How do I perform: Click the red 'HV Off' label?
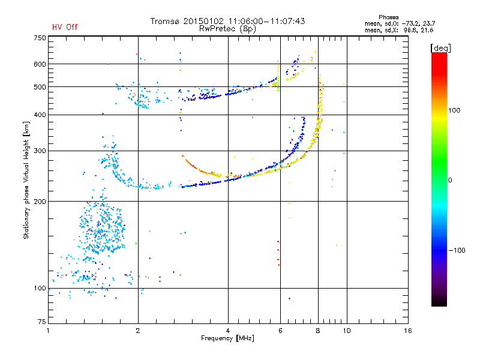65,27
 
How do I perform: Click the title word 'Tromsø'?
164,21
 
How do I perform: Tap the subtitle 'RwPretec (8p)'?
227,29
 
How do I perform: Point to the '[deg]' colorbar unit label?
440,48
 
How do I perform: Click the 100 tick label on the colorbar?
454,110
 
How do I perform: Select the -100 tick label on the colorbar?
457,250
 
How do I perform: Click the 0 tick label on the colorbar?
450,181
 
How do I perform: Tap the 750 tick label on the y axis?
40,38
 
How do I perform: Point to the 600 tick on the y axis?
40,64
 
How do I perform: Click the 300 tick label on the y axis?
40,151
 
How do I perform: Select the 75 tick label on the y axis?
42,322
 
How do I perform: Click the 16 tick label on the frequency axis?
408,331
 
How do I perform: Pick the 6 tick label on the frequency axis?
280,331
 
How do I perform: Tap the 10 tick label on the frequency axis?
347,331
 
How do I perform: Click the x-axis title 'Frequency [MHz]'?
227,338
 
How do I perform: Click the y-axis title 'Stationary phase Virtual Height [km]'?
26,180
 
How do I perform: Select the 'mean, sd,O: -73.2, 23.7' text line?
400,23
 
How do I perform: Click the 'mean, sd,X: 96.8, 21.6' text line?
399,31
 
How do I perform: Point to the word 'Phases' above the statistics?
388,17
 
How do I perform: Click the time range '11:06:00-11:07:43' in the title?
266,21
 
